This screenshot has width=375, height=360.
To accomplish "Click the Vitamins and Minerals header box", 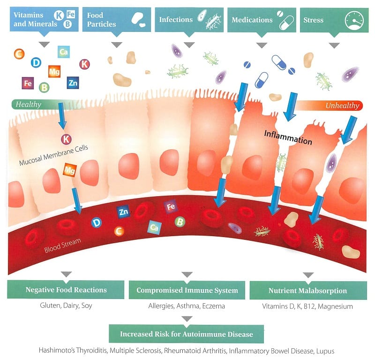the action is click(44, 19).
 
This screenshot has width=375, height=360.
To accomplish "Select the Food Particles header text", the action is click(101, 20).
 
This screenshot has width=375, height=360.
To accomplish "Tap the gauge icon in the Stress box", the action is click(354, 20).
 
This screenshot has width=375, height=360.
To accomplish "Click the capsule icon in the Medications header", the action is click(286, 23).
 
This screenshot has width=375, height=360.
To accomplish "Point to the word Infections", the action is click(176, 20).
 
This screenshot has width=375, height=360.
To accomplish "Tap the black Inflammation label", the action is click(288, 138).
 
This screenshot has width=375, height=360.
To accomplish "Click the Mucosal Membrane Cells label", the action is click(53, 155).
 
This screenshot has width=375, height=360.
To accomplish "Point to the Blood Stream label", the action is click(62, 245).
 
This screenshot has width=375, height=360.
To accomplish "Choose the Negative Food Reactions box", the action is click(66, 290).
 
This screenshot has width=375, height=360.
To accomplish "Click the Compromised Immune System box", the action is click(187, 290).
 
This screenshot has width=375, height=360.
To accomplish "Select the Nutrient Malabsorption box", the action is click(308, 291).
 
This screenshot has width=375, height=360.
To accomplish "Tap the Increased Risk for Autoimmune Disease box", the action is click(186, 334).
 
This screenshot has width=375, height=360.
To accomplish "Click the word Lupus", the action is click(325, 351).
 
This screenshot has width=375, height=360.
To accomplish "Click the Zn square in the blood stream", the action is click(123, 212).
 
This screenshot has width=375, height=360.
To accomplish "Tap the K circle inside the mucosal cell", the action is click(66, 139).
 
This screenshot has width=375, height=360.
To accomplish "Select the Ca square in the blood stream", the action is click(154, 227).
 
